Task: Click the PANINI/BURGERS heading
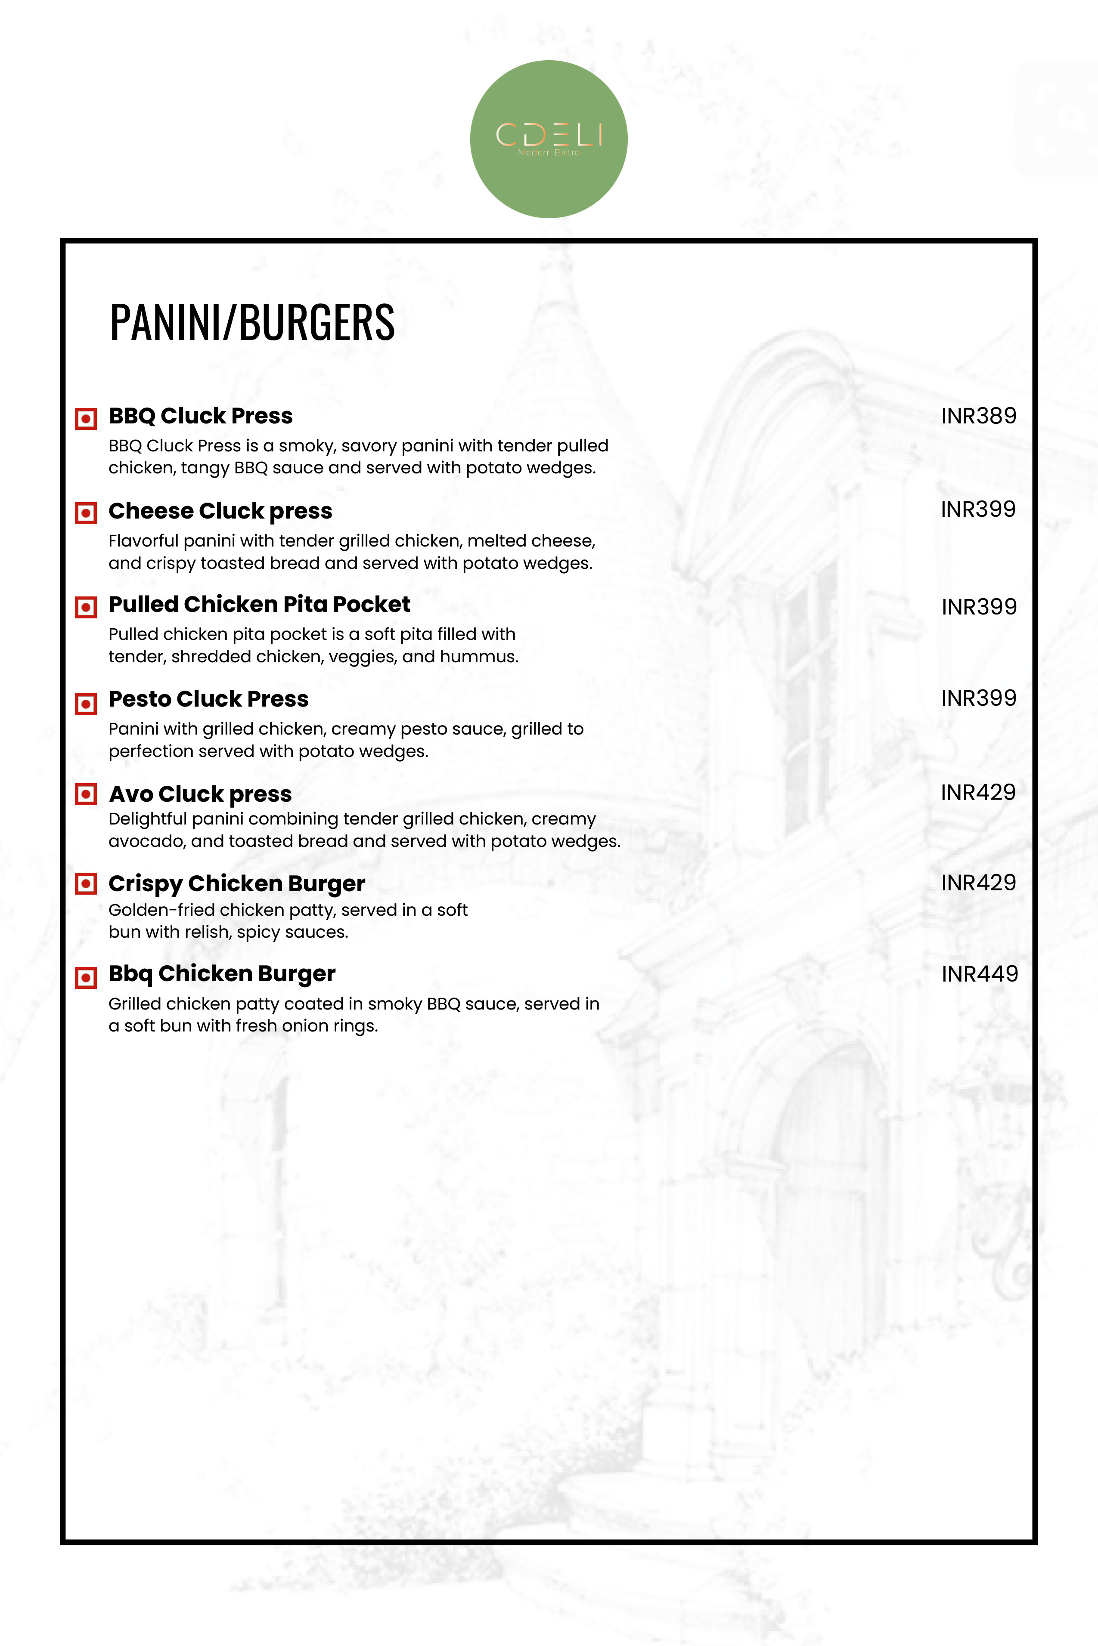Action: click(252, 323)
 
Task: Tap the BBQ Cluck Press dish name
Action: click(200, 416)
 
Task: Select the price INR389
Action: click(978, 416)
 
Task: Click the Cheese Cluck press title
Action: click(220, 511)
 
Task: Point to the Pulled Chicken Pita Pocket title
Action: click(259, 604)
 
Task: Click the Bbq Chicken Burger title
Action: click(222, 973)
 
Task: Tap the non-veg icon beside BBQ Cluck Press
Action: click(85, 419)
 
